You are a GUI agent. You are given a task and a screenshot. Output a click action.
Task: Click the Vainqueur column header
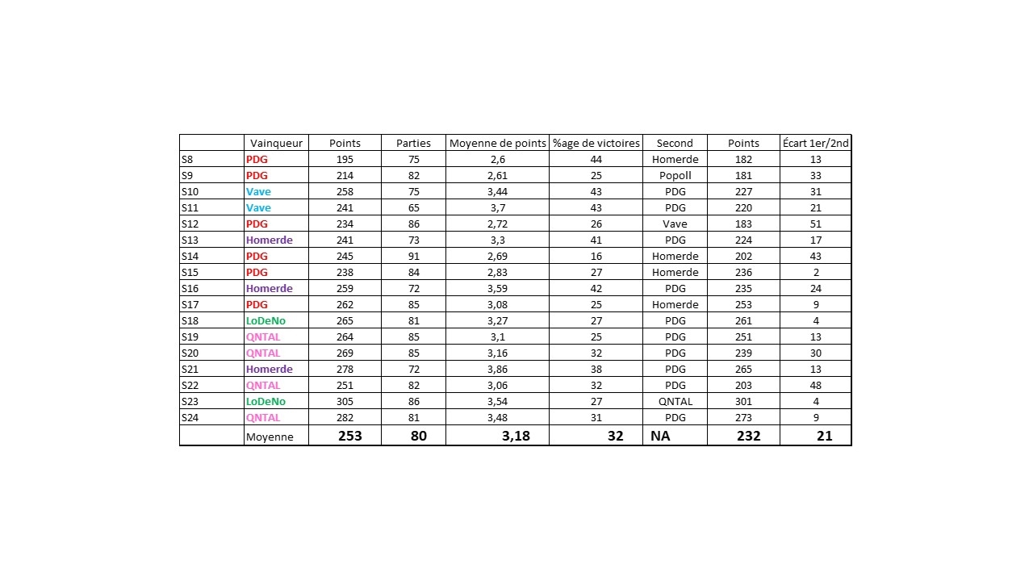(x=276, y=143)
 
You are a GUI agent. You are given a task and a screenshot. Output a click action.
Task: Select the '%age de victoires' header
(x=596, y=143)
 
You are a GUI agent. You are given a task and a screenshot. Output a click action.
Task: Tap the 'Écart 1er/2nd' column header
(x=815, y=143)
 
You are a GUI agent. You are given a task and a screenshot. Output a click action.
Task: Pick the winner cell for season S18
(x=266, y=320)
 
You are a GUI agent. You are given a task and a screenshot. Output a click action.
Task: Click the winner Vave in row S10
(x=258, y=191)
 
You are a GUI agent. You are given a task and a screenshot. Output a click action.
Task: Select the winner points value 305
(x=345, y=401)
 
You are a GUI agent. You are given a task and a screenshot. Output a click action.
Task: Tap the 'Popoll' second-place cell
(x=675, y=175)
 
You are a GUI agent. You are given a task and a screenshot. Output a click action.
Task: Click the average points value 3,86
(x=497, y=369)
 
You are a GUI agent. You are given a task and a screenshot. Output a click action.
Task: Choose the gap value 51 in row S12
(x=815, y=224)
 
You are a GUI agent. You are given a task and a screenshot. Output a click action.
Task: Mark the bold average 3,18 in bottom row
(x=516, y=436)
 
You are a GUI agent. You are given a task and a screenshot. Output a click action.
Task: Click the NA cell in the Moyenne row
(x=660, y=436)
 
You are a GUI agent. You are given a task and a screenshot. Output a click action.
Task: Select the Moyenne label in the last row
(x=270, y=437)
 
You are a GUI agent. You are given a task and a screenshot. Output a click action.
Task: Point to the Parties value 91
(x=413, y=256)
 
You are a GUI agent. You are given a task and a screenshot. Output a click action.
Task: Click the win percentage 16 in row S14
(x=596, y=256)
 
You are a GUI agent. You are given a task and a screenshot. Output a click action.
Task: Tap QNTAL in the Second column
(x=675, y=401)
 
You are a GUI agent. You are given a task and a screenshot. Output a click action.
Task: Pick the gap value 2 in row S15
(x=815, y=272)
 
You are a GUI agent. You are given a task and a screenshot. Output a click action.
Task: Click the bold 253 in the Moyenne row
(x=350, y=436)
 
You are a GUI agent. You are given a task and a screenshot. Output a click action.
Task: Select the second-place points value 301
(x=743, y=401)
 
